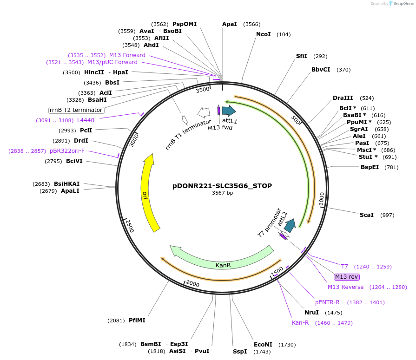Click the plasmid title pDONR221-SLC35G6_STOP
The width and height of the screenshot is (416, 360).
222,186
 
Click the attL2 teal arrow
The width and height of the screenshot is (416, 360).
291,225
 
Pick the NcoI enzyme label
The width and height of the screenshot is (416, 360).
264,34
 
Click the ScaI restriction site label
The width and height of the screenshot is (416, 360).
367,215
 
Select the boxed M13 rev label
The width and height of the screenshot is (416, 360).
346,277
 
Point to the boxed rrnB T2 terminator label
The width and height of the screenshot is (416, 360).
76,110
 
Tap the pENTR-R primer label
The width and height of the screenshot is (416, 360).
327,302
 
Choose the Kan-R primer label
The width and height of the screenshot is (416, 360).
300,323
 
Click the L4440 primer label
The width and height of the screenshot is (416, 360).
86,120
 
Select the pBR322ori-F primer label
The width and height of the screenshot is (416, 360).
67,151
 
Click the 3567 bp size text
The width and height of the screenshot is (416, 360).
222,193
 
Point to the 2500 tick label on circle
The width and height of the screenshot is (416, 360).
130,226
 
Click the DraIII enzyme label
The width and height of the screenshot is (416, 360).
343,98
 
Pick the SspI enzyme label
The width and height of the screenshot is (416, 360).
240,352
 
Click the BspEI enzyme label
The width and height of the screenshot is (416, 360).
370,167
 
